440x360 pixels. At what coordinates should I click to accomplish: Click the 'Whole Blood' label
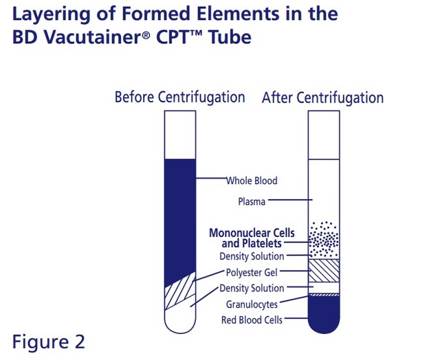click(252, 181)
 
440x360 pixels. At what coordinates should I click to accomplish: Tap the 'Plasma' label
click(252, 202)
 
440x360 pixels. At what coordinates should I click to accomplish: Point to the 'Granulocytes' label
click(252, 304)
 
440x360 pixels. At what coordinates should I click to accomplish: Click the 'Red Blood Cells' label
click(252, 319)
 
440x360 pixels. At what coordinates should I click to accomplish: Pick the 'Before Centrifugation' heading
click(179, 97)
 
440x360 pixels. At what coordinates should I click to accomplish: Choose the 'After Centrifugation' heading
click(322, 98)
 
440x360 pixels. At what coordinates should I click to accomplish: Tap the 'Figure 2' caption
click(48, 341)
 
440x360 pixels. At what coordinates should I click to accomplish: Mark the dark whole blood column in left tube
click(180, 220)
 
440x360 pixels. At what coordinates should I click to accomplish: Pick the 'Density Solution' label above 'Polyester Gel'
click(252, 256)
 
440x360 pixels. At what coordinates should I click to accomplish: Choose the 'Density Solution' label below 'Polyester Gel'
click(252, 288)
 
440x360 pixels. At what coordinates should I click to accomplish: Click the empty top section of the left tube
click(180, 134)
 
